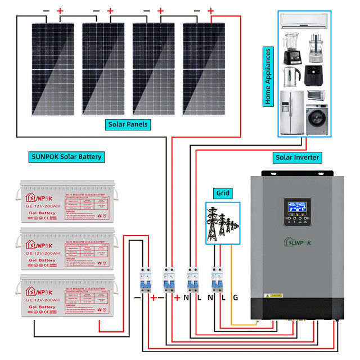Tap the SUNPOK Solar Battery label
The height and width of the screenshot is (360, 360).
(x=66, y=156)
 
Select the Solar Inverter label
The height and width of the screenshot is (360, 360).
(x=298, y=157)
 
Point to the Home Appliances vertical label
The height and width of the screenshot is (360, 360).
(x=268, y=76)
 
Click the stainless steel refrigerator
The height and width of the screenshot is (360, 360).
(x=292, y=112)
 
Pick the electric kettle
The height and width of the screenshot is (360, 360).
(x=290, y=76)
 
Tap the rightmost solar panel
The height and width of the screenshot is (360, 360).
(x=204, y=68)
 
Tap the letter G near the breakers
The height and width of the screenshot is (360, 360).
(x=236, y=297)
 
